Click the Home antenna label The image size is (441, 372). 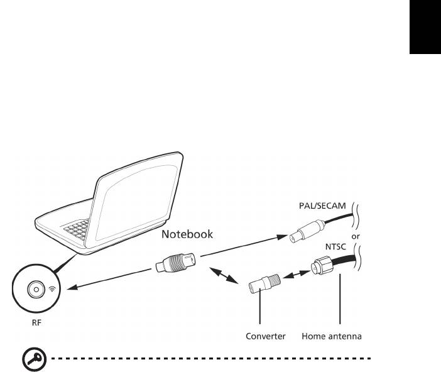pyautogui.click(x=332, y=336)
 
